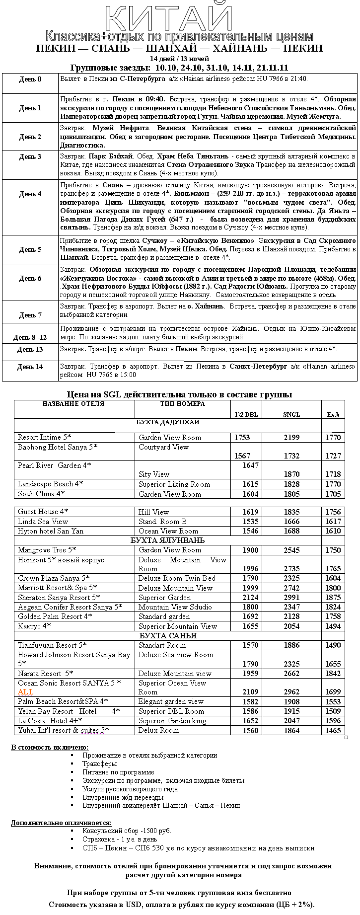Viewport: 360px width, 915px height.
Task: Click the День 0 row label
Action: [x=30, y=79]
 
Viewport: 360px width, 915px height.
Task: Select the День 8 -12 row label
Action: [x=30, y=337]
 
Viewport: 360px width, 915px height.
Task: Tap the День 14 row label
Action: [x=30, y=367]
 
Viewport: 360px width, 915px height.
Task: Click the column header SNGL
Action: [x=291, y=414]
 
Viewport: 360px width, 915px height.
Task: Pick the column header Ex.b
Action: [x=333, y=414]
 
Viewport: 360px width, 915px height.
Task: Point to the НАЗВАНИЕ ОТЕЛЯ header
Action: [x=73, y=404]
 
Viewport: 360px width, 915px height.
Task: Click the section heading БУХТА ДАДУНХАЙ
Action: [x=167, y=422]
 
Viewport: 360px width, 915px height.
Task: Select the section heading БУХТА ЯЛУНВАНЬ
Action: [x=167, y=540]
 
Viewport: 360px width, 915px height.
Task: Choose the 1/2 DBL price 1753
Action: [x=242, y=438]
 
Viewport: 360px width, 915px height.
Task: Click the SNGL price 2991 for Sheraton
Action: [x=291, y=598]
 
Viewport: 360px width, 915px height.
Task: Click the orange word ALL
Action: [x=26, y=692]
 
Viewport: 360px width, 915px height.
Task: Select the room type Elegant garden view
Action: [x=171, y=701]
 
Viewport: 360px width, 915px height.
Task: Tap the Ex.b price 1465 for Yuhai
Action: [x=333, y=730]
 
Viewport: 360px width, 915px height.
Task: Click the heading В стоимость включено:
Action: [x=50, y=747]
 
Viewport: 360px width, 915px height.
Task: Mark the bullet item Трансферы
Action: [x=100, y=763]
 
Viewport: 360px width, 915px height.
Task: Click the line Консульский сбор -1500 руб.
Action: [x=127, y=831]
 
